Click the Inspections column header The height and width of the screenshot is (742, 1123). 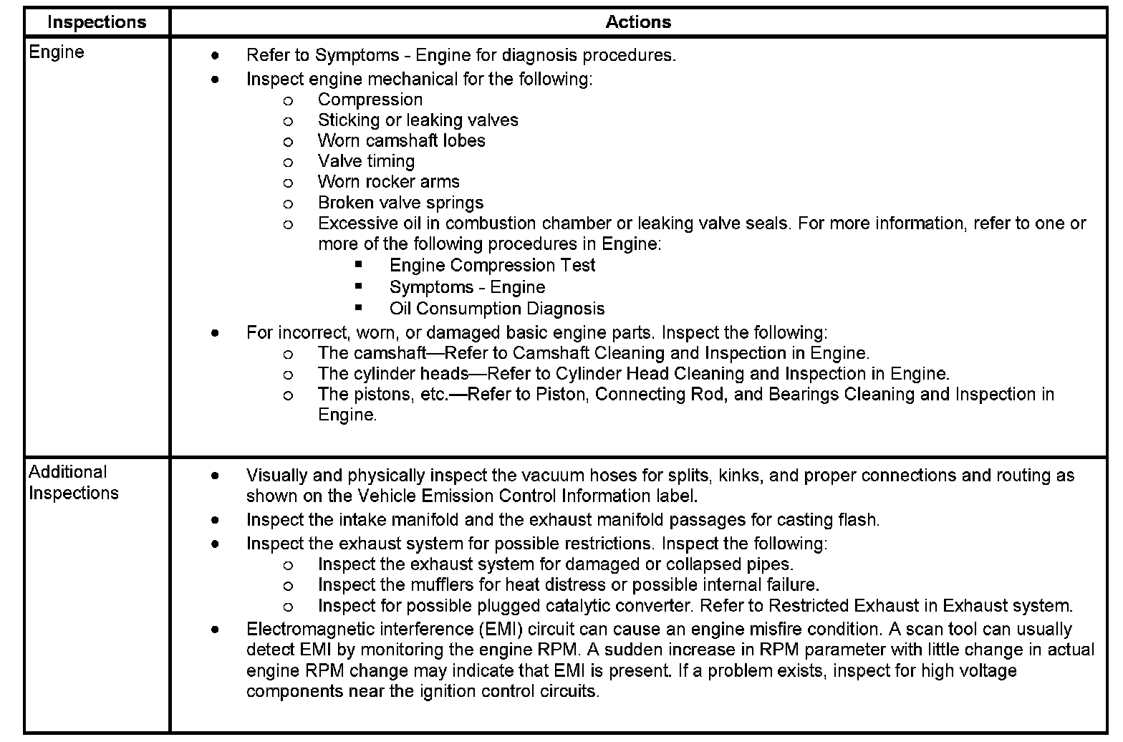(97, 22)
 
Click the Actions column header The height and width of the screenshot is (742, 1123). (638, 22)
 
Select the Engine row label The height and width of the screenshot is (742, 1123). (57, 52)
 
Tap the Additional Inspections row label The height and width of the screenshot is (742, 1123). (73, 483)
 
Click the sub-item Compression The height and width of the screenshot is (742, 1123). (370, 100)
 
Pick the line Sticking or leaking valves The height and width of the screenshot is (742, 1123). (418, 120)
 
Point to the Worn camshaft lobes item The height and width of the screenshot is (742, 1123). (401, 140)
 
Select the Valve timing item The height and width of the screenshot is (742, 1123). (366, 161)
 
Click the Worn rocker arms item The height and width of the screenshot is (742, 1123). (388, 182)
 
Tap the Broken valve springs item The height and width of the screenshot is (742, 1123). (400, 203)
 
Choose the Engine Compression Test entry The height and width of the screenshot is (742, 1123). (492, 266)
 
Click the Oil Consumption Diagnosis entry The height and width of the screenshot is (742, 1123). (497, 309)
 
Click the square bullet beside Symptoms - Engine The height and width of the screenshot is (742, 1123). (359, 286)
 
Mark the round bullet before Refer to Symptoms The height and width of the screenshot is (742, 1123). (215, 55)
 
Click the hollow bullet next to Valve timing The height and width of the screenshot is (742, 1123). (288, 163)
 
